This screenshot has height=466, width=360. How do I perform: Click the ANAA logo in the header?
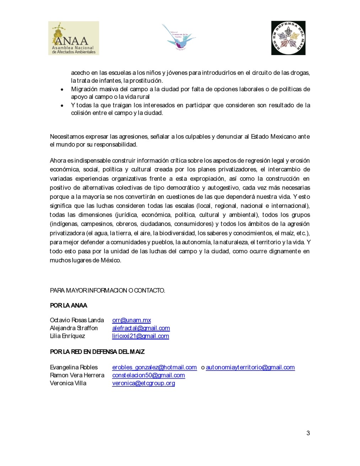tap(74, 38)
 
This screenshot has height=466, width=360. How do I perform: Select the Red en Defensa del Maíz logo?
tap(288, 38)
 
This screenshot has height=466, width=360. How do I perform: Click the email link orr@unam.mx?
tap(131, 320)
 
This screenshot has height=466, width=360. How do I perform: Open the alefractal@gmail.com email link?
tap(141, 328)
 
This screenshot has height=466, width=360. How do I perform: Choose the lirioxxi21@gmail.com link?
tap(140, 336)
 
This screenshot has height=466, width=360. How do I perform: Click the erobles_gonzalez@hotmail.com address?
tap(154, 367)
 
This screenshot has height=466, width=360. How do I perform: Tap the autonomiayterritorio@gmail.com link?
tap(250, 367)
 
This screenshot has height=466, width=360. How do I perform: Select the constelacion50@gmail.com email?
tap(149, 375)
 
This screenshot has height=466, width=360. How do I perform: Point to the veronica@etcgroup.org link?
tap(144, 383)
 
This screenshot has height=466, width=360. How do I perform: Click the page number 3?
tap(308, 433)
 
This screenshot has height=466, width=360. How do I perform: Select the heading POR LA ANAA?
tap(69, 305)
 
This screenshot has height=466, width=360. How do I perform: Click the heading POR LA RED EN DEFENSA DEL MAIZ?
tap(97, 352)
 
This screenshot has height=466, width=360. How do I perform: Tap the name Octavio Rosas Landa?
tap(77, 320)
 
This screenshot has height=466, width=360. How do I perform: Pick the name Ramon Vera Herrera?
tap(77, 375)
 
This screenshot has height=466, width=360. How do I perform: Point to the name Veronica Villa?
tap(68, 383)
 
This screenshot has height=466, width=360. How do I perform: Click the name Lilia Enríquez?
tap(68, 336)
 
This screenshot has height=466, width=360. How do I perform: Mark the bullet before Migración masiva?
tap(62, 90)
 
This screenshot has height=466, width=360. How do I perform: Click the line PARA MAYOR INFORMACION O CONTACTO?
tap(107, 291)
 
